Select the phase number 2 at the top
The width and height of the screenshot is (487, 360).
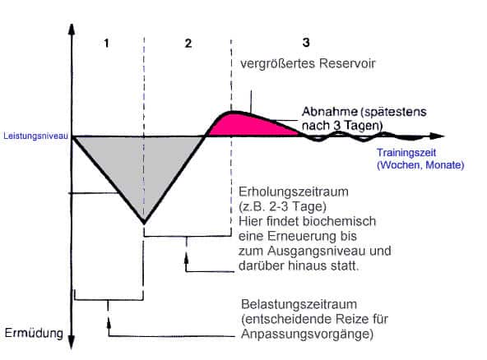pos(188,43)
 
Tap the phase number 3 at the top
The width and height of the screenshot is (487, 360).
pos(306,41)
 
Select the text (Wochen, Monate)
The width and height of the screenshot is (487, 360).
pos(420,165)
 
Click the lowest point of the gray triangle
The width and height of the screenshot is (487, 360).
pos(144,223)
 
